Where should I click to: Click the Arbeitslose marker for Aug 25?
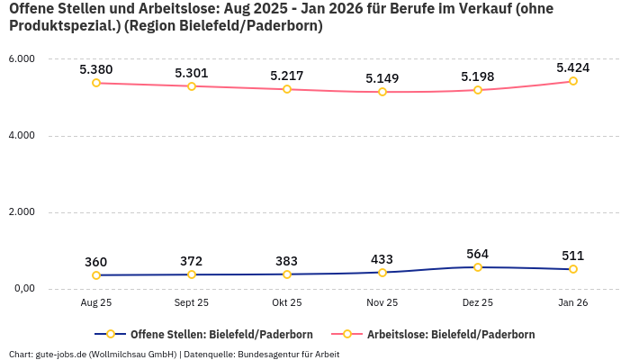96,83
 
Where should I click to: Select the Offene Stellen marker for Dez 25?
478,267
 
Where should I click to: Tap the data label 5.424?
572,67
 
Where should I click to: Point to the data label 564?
478,254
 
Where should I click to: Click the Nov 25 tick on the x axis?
382,303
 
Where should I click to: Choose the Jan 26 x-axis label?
573,303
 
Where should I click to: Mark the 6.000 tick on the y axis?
21,59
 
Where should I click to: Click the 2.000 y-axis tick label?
21,212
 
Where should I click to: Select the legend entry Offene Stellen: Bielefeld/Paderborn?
208,334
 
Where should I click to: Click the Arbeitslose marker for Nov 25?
382,92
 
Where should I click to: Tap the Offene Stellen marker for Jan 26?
573,269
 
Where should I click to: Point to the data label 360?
96,262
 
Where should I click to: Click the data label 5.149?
382,78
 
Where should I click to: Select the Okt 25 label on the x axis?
287,303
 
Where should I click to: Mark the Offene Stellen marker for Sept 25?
192,274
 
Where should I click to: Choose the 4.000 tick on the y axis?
21,136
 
